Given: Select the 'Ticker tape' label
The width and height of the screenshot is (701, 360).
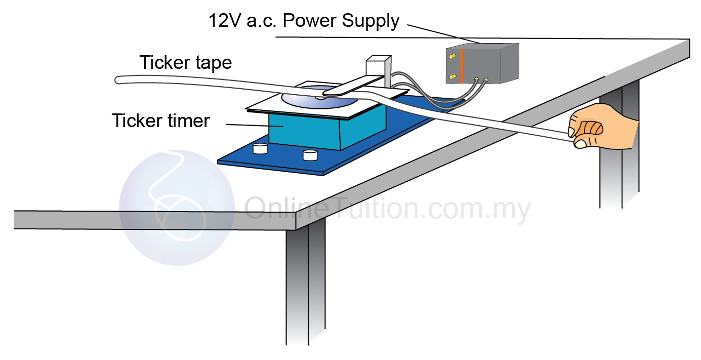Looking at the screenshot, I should (x=186, y=63).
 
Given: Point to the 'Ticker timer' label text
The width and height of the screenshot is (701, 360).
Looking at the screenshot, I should (x=160, y=121).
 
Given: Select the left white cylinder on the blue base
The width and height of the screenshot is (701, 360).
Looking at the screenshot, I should (x=260, y=148).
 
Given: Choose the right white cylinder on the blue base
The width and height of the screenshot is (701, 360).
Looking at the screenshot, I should (x=310, y=155).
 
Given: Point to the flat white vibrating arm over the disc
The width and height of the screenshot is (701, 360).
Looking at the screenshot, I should (x=349, y=86).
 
